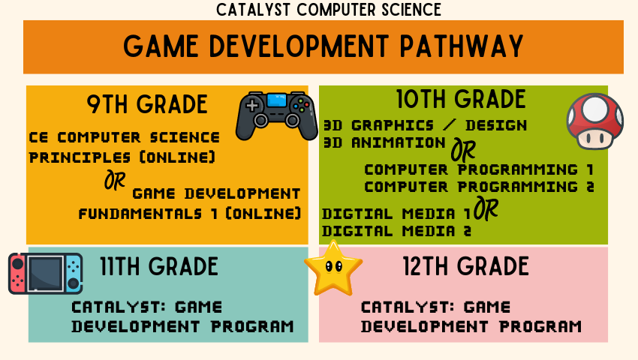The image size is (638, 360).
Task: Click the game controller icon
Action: coord(277,115)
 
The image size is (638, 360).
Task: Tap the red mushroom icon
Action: coord(594,121)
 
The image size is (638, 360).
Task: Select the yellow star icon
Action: coord(333,268)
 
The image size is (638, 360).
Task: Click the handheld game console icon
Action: coord(45,273)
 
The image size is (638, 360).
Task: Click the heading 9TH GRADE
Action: coord(147,104)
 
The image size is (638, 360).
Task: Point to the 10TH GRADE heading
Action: coord(461,100)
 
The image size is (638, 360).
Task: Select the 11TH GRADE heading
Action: coord(159,266)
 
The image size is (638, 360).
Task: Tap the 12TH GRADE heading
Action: coord(465,266)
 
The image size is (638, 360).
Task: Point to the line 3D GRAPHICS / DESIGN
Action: coord(425,124)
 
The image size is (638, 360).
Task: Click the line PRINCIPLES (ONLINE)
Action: coord(122,157)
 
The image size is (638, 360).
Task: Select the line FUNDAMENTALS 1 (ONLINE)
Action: coord(190,213)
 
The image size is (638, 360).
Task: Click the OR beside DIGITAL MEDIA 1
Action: coord(487,211)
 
